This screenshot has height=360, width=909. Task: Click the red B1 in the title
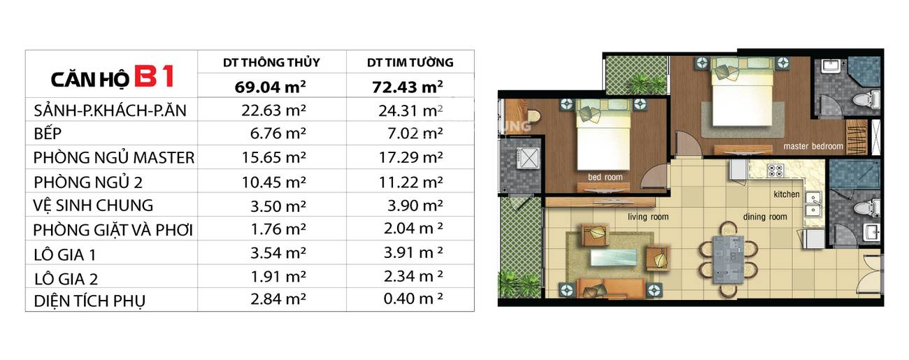tap(155, 76)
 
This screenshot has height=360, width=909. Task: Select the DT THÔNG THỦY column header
tap(271, 62)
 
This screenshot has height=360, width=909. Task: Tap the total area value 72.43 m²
tap(408, 87)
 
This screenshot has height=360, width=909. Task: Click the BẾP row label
tap(48, 134)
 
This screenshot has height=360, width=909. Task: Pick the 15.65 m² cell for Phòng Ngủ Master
tap(273, 157)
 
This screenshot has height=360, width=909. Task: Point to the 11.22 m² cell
tap(410, 182)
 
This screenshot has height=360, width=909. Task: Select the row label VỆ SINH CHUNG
tap(93, 206)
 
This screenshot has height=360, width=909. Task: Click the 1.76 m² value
tap(278, 229)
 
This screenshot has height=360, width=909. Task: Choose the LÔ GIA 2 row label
tap(66, 279)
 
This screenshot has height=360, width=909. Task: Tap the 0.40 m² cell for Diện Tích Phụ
tap(413, 299)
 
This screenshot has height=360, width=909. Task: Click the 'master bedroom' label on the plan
tap(813, 146)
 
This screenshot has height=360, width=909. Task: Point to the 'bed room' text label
tap(605, 177)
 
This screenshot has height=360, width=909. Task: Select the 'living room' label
tap(648, 217)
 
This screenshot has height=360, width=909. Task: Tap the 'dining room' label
tap(765, 217)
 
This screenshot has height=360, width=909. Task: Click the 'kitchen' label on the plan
tap(787, 194)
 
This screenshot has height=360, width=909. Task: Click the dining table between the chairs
tap(729, 259)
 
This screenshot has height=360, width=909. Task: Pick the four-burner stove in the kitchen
tap(775, 171)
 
